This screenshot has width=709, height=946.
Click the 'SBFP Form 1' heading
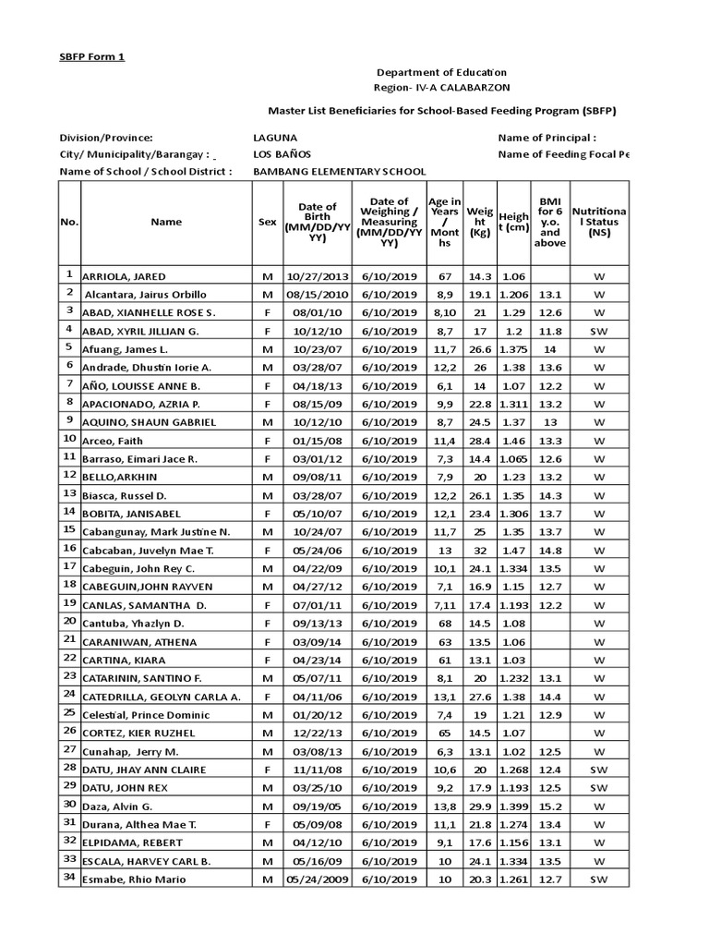click(x=91, y=56)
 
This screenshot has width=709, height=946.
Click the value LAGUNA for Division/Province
click(x=276, y=137)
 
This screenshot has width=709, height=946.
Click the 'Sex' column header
click(x=267, y=223)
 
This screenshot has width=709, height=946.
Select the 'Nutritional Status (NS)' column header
click(x=599, y=223)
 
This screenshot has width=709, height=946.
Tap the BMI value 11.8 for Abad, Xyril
click(x=549, y=331)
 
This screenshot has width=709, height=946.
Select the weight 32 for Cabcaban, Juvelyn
click(x=479, y=550)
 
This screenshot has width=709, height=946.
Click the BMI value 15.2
click(x=549, y=806)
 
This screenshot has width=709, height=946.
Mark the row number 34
click(x=68, y=878)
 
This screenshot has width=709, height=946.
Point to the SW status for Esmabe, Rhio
click(x=599, y=879)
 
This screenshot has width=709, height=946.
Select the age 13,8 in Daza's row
click(x=444, y=806)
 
